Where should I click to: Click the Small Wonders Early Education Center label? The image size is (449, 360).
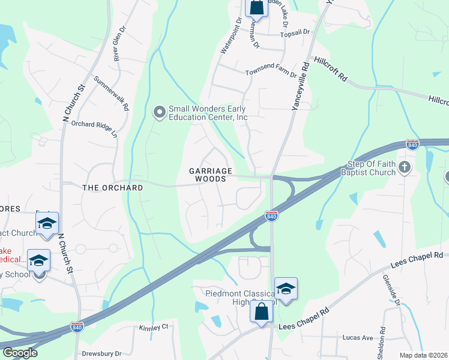[208, 113]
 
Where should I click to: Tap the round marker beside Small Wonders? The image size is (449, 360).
[159, 112]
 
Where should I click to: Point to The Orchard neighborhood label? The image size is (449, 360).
[112, 188]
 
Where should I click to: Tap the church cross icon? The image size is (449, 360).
[405, 167]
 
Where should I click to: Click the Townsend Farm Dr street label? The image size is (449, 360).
[271, 73]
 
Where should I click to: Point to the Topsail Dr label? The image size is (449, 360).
[297, 32]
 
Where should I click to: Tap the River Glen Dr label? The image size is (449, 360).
[119, 43]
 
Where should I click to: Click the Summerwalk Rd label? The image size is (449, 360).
[112, 94]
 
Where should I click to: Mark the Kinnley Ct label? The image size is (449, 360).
[154, 328]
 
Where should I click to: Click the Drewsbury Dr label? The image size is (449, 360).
[101, 353]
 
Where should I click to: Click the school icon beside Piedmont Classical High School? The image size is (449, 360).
[286, 289]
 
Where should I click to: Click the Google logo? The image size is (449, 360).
[20, 353]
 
